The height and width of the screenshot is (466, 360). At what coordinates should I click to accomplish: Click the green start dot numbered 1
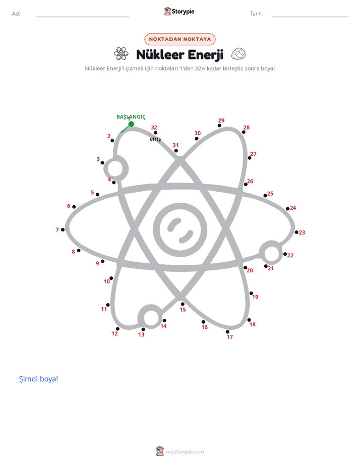(x=131, y=124)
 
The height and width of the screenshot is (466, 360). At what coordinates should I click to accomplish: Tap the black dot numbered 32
(x=155, y=133)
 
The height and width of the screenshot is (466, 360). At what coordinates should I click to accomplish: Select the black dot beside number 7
(x=63, y=230)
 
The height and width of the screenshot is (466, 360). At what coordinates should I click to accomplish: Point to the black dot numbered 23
(x=296, y=232)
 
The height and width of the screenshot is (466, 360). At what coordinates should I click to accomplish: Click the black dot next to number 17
(x=227, y=332)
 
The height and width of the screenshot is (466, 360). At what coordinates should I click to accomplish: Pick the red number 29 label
(x=221, y=121)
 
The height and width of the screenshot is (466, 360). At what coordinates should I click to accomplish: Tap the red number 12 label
(x=114, y=333)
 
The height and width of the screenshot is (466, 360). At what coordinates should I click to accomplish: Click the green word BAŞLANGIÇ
(x=131, y=117)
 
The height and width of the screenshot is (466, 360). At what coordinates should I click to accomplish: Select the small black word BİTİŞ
(x=155, y=139)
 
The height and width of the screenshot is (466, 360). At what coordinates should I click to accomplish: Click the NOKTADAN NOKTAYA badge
(x=180, y=39)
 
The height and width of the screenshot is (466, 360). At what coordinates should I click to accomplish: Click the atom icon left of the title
(x=121, y=54)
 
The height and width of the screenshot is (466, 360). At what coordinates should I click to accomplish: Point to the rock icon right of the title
(x=238, y=54)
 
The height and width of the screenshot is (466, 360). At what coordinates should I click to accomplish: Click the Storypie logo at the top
(x=179, y=11)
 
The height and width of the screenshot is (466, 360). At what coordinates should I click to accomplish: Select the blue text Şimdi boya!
(x=39, y=379)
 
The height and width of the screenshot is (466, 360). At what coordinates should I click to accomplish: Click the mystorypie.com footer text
(x=185, y=452)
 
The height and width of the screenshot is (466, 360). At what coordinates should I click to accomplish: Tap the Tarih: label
(x=256, y=14)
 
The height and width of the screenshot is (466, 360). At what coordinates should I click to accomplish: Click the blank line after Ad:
(x=83, y=17)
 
